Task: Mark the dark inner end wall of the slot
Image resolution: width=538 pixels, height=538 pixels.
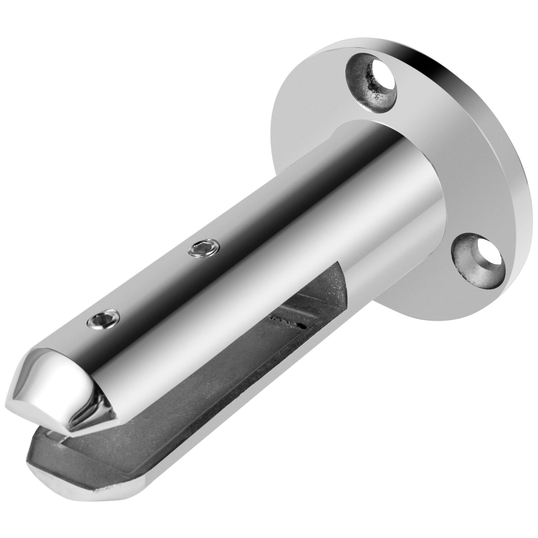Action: pos(333,279)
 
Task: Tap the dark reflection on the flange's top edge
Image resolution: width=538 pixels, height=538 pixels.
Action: pos(437,64)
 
